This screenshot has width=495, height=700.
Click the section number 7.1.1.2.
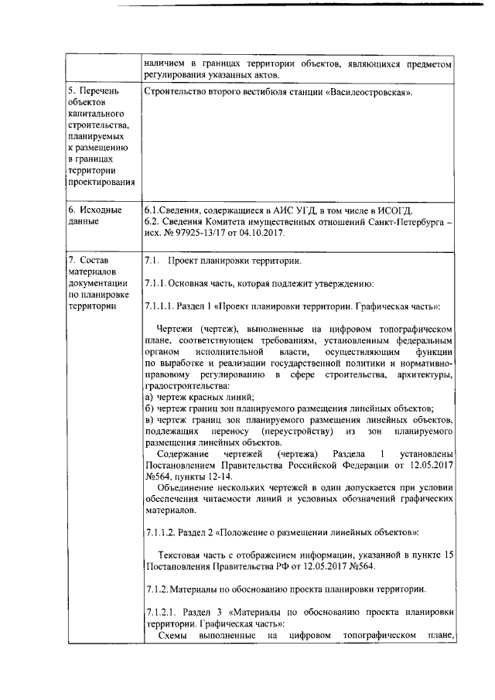click(x=162, y=534)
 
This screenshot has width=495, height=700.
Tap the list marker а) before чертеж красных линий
click(x=148, y=397)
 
